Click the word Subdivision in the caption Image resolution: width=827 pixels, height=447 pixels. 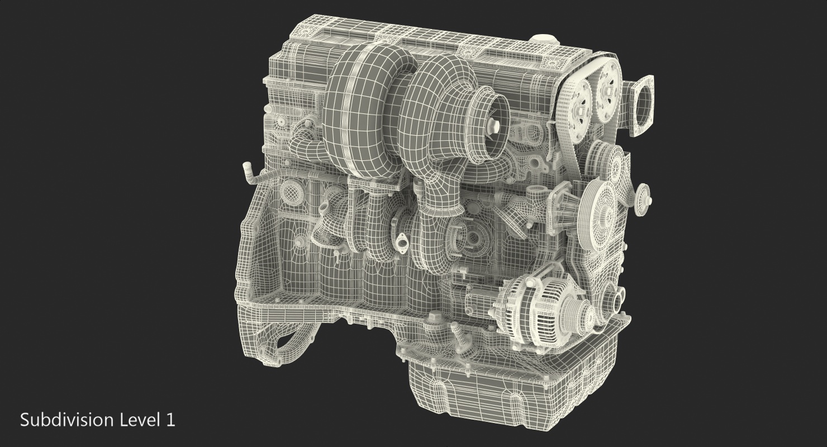(x=67, y=421)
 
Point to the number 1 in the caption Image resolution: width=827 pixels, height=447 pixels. (x=170, y=420)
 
